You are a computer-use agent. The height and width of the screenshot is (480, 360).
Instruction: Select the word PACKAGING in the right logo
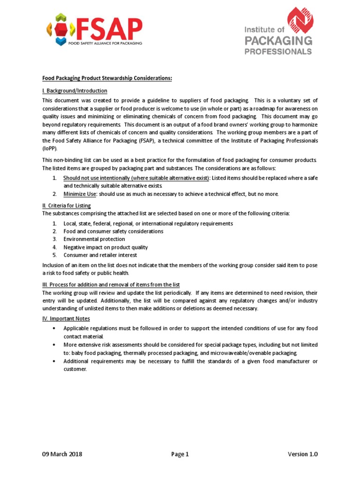(278, 42)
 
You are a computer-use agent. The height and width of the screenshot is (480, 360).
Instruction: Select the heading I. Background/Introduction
(75, 90)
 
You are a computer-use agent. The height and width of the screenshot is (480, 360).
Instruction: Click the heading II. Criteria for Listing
(67, 205)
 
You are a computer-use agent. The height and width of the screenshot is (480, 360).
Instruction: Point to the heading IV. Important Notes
(63, 319)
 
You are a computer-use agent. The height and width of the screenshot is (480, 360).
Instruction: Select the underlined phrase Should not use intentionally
(97, 178)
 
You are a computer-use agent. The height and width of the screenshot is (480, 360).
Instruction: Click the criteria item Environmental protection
(94, 239)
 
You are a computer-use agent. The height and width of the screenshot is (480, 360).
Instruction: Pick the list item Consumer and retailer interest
(100, 255)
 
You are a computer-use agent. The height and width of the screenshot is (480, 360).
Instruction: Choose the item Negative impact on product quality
(105, 247)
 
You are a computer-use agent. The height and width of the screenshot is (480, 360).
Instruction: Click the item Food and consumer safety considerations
(113, 231)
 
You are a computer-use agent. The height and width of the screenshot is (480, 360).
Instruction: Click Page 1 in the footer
(180, 454)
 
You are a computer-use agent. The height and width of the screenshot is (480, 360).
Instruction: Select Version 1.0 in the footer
(302, 454)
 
